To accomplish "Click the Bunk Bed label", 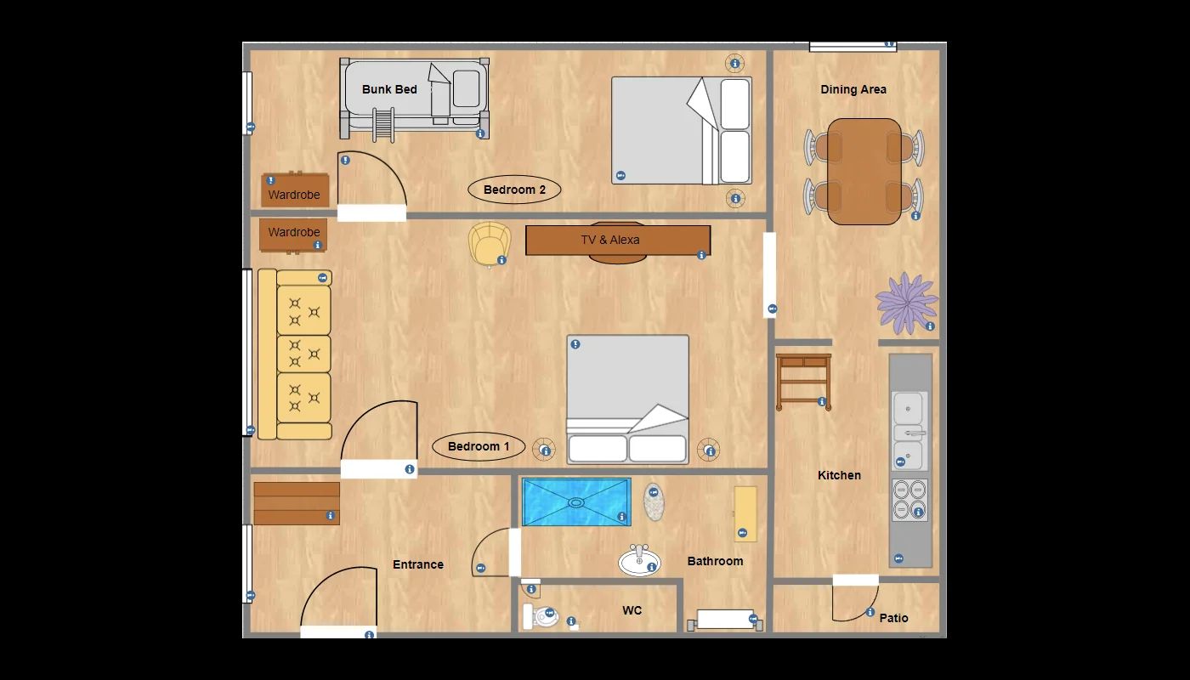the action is click(x=389, y=89).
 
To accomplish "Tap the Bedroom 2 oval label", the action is click(x=514, y=190).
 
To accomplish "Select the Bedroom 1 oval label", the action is click(x=478, y=446).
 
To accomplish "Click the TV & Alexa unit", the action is click(x=618, y=240).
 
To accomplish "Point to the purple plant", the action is click(x=906, y=303).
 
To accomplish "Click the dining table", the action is click(x=864, y=172).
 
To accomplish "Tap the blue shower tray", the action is click(x=576, y=502).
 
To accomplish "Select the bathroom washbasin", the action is click(x=639, y=560).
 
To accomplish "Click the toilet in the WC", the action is click(x=541, y=616).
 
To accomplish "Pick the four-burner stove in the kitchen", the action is click(x=909, y=500).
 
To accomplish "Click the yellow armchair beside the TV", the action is click(x=490, y=244).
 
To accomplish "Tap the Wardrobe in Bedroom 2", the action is click(x=295, y=190).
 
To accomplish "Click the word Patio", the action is click(x=893, y=618).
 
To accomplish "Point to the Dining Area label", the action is click(x=853, y=89).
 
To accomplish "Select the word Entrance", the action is click(x=418, y=564).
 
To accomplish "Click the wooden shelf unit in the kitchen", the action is click(x=803, y=382).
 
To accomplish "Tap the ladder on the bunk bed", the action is click(x=383, y=125).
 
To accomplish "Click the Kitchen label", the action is click(x=839, y=475).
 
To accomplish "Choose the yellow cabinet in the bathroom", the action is click(x=745, y=513).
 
